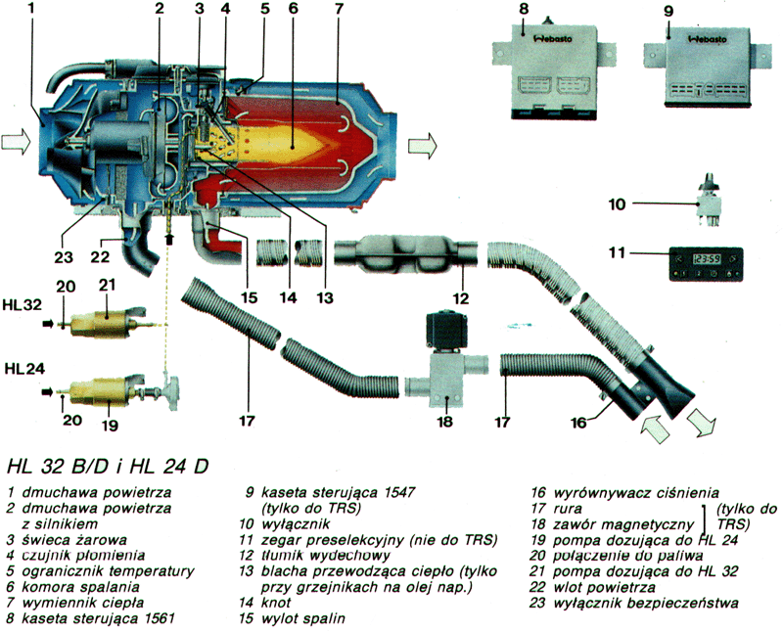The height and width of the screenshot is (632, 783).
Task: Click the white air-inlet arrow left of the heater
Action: pos(16,145)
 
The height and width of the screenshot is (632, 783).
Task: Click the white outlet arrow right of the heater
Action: pos(422,146)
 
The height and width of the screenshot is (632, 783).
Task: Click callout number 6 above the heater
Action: pos(293,9)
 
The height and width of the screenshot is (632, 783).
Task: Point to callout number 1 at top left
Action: pos(31,9)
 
